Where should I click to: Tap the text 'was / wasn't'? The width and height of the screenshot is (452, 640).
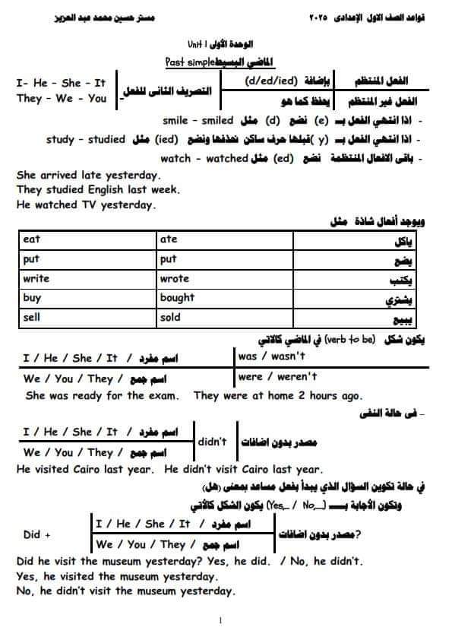[271, 356]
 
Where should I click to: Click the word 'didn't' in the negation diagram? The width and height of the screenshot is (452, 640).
[212, 442]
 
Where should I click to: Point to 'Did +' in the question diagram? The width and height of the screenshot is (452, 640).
[37, 534]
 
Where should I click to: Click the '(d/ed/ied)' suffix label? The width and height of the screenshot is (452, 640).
[273, 80]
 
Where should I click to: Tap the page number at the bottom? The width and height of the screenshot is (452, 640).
[220, 620]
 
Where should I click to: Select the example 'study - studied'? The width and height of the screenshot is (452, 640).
[86, 140]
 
